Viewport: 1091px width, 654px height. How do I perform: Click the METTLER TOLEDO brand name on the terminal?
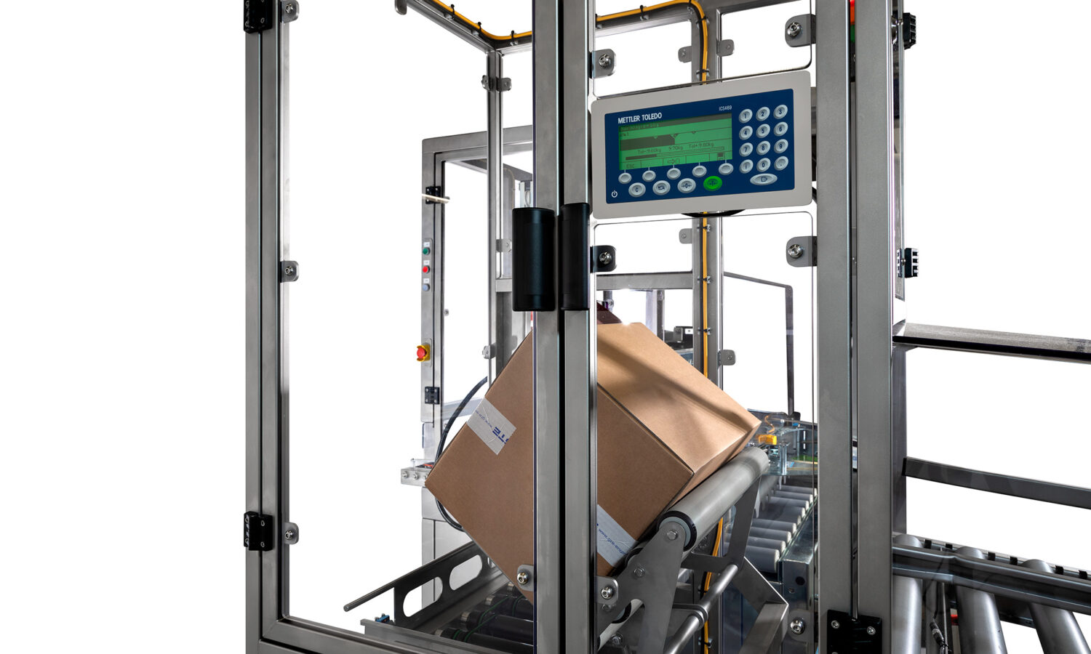point(639,118)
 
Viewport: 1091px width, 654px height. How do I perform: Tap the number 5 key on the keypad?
point(763,131)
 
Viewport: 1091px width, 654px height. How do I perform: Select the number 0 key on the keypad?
point(763,164)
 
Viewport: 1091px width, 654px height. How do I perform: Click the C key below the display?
point(637,190)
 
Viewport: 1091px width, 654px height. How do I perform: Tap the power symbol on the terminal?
point(615,194)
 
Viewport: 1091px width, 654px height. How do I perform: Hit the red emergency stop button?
point(423,352)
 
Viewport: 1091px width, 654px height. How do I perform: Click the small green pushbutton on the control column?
point(426,251)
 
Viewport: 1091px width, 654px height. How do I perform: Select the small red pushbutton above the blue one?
point(425,269)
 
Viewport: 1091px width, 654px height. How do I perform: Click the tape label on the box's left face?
point(491,425)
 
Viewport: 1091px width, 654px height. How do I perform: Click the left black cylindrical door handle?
point(534,258)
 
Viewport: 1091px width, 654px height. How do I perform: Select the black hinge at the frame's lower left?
point(258,530)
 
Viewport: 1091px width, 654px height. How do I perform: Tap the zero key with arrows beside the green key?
point(687,185)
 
